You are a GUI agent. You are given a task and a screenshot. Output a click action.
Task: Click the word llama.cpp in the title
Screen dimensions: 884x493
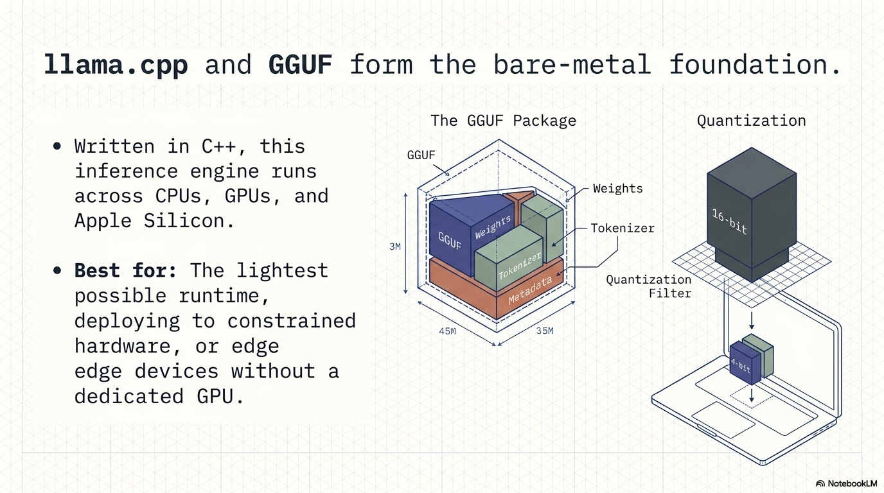click(116, 65)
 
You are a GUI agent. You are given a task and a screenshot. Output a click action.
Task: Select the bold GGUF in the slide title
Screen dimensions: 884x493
click(300, 64)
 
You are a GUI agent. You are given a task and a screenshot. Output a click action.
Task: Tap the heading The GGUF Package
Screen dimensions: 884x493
click(503, 121)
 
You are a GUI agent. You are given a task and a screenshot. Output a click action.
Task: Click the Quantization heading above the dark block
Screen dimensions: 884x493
click(752, 121)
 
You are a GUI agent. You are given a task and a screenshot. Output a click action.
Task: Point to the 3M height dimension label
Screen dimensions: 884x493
click(394, 246)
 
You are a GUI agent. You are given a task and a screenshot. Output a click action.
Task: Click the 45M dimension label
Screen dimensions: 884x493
click(447, 331)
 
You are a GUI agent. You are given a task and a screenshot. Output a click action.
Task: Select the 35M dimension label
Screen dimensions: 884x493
click(545, 331)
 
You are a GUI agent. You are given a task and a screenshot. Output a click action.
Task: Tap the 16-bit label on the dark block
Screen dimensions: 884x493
click(729, 221)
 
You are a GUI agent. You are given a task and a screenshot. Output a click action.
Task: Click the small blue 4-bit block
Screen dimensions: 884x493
click(745, 363)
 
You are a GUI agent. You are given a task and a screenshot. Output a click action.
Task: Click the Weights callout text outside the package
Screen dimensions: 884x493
click(617, 189)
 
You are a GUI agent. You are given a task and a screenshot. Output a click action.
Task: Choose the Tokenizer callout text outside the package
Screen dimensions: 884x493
click(623, 228)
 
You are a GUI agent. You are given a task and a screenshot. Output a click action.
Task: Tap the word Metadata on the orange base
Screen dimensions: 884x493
click(529, 291)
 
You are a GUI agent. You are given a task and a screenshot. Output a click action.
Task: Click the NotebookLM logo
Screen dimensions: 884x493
click(846, 483)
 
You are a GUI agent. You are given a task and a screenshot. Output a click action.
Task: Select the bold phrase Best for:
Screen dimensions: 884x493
click(125, 270)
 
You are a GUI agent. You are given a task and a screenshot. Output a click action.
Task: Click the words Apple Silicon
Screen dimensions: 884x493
click(154, 221)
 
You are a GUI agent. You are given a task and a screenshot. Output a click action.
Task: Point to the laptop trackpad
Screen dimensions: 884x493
click(723, 420)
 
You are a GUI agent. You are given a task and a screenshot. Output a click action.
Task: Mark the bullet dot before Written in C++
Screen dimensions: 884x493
click(57, 146)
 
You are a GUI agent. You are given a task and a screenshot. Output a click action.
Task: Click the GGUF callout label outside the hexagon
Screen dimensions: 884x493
click(421, 155)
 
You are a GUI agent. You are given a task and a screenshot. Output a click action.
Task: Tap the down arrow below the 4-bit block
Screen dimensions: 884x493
click(752, 395)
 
